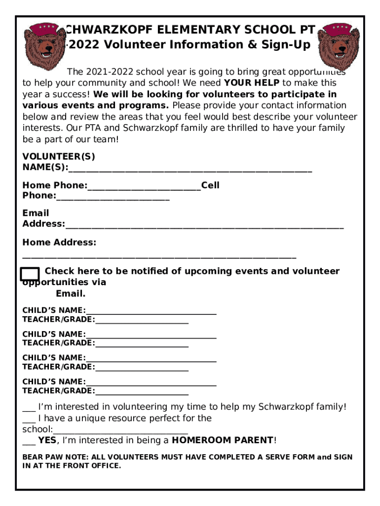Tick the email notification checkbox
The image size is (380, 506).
point(30,274)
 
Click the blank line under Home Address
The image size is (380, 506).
point(159,257)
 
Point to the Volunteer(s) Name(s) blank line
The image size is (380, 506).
point(190,170)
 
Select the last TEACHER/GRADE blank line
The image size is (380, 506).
point(142,393)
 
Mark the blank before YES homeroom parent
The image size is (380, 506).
point(29,442)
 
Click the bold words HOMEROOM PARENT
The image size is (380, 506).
point(223,440)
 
